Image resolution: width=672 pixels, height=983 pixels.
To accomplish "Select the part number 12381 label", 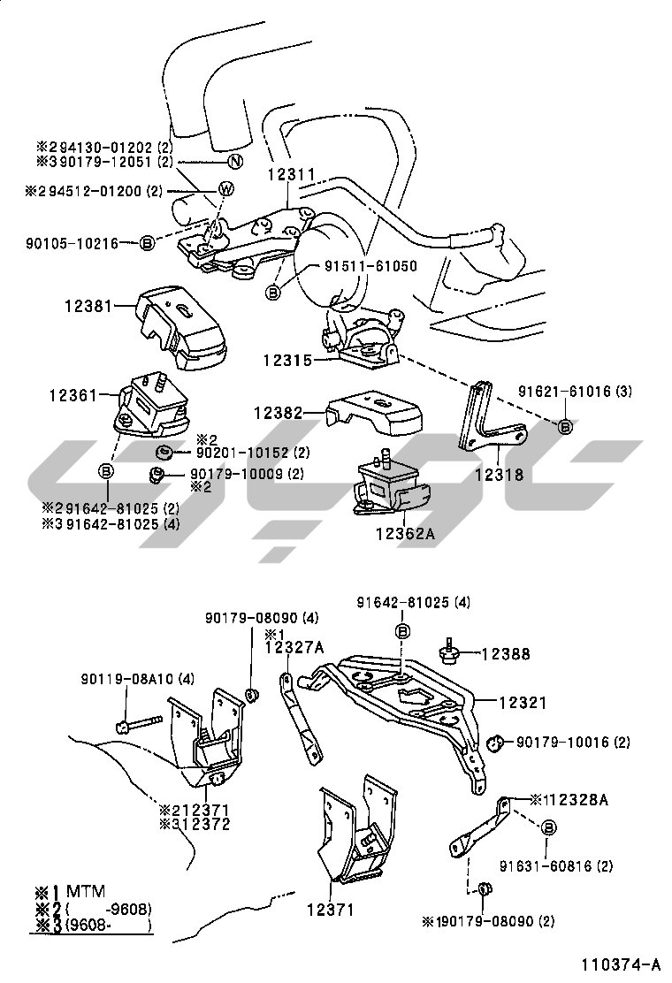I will tap(88, 307).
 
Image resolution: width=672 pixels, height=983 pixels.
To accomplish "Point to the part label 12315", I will tap(286, 360).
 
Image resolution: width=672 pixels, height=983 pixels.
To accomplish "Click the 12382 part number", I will tap(278, 412).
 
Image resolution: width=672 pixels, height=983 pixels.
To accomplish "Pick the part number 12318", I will tap(500, 475).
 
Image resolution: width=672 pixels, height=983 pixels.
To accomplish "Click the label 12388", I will tap(506, 654).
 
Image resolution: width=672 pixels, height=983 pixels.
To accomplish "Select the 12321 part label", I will tap(522, 703).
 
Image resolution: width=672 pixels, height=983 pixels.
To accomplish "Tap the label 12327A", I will tap(294, 648).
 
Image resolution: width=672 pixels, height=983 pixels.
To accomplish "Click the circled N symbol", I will tap(235, 162).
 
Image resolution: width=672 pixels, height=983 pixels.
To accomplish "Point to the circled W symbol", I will tap(225, 188).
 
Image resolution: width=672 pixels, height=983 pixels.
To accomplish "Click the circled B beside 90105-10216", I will tap(148, 242).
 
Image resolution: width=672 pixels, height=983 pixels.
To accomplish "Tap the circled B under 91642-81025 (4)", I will tap(402, 630).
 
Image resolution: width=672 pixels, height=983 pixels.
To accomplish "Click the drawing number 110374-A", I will tap(621, 964).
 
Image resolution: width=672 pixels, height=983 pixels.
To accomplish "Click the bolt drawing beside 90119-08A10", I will tap(139, 727).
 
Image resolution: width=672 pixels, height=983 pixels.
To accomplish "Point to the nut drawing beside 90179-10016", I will tap(496, 742).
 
